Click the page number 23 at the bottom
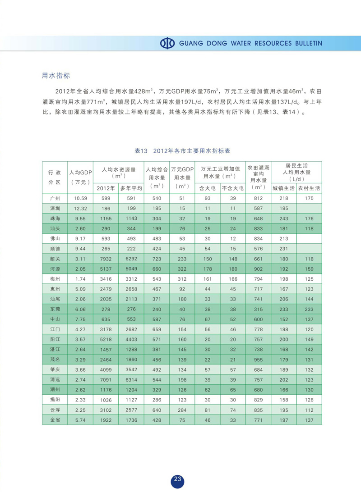tap(177, 479)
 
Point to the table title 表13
tap(142, 150)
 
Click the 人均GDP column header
tap(80, 173)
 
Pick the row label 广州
tap(55, 198)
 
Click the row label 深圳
tap(55, 209)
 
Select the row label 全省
tap(55, 420)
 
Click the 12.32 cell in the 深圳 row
tap(80, 209)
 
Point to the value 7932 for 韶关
tap(106, 259)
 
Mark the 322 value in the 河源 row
tap(182, 269)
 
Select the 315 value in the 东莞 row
tap(258, 309)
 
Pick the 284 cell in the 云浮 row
tap(182, 410)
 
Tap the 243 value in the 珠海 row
tap(283, 219)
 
